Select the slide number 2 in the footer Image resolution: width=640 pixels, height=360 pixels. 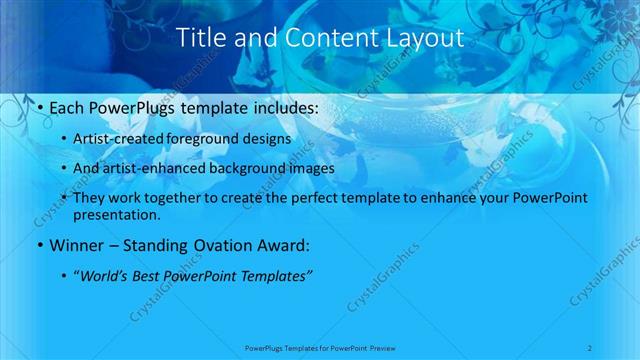(590, 347)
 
